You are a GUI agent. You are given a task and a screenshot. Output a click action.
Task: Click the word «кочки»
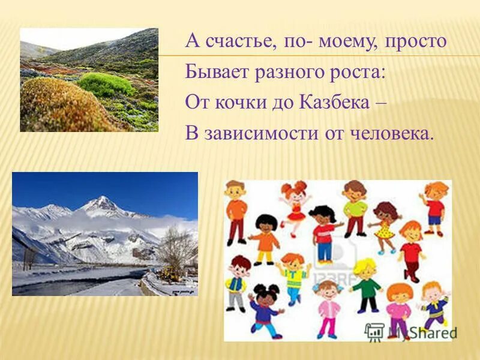click(x=245, y=103)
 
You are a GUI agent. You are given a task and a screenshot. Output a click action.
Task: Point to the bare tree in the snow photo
click(x=176, y=246)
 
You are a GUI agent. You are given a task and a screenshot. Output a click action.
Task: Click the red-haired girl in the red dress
click(x=294, y=207)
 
